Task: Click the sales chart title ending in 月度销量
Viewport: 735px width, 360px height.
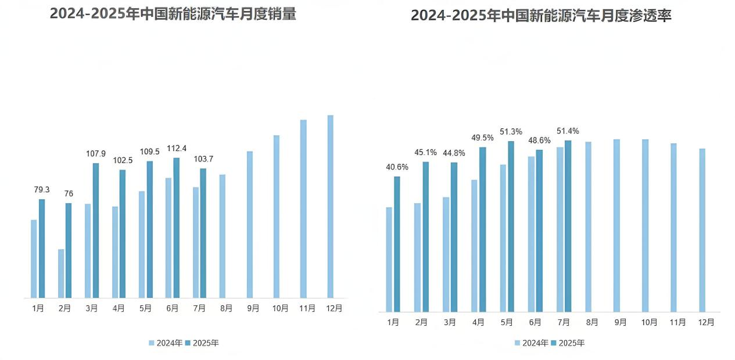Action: point(173,14)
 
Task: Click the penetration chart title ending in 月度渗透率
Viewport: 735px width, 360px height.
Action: point(541,16)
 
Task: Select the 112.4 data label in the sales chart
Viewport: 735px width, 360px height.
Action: point(176,149)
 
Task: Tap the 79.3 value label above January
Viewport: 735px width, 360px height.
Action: point(42,190)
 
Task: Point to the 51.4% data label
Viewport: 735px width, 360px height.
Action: point(568,131)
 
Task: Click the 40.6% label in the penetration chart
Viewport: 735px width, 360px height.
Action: point(397,167)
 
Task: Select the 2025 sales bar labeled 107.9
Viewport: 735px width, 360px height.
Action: point(95,231)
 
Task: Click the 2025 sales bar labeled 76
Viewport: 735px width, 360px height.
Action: point(69,250)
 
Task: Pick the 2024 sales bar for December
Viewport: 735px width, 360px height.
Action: point(331,206)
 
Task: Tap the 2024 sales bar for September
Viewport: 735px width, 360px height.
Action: point(250,224)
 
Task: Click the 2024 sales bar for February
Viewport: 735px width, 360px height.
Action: point(61,273)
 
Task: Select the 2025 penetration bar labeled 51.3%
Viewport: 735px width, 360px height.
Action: point(511,226)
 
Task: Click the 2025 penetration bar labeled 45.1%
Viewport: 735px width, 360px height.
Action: point(425,236)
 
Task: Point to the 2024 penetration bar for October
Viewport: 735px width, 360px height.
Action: point(645,225)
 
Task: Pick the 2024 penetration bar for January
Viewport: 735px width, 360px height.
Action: point(389,259)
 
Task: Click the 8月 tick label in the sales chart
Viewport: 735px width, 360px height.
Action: point(226,308)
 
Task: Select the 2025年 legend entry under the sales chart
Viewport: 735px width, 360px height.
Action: point(203,343)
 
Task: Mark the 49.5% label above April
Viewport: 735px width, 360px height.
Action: point(482,138)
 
